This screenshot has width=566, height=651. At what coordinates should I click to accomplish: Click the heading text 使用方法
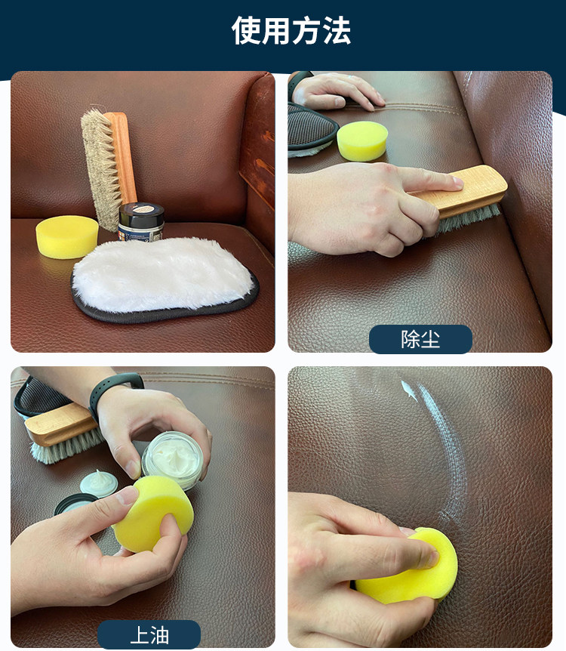(x=291, y=31)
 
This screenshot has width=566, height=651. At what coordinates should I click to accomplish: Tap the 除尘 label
(x=420, y=339)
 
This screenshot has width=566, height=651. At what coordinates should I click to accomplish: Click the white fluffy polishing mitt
(x=164, y=278)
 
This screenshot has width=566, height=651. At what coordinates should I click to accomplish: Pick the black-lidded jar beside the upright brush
(x=141, y=222)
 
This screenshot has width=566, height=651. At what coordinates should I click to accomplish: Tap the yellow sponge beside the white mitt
(x=67, y=236)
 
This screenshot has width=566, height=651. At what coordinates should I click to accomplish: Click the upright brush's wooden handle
(x=122, y=157)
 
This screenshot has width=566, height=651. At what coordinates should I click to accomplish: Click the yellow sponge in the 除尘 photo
(x=362, y=141)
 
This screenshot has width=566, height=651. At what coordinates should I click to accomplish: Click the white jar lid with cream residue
(x=99, y=483)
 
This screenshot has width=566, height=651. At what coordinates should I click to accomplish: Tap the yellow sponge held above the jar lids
(x=153, y=514)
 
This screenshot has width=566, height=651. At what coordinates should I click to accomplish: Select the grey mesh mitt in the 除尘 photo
(x=311, y=128)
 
